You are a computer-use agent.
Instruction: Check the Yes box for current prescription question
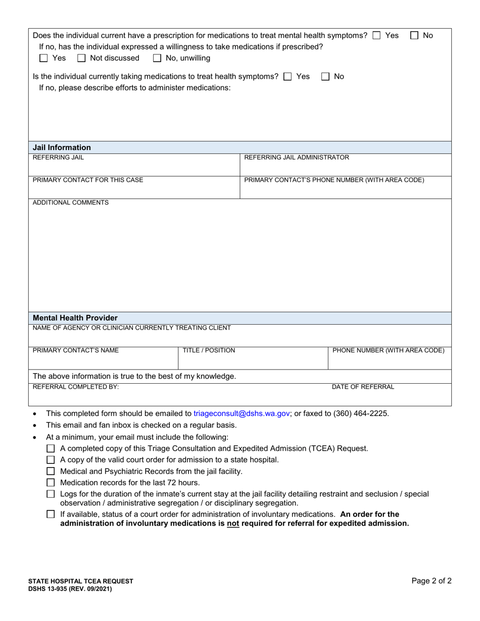pyautogui.click(x=376, y=36)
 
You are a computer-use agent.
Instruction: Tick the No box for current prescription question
pyautogui.click(x=414, y=36)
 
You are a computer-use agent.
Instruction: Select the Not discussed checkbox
pyautogui.click(x=81, y=58)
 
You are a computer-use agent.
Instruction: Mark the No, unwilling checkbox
pyautogui.click(x=157, y=58)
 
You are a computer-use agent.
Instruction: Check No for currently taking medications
pyautogui.click(x=325, y=77)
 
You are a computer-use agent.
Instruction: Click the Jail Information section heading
pyautogui.click(x=62, y=147)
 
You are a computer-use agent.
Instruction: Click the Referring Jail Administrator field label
pyautogui.click(x=297, y=158)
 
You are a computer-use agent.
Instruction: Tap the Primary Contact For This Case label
pyautogui.click(x=88, y=180)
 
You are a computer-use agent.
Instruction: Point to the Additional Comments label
pyautogui.click(x=71, y=203)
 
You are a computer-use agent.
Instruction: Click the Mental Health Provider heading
pyautogui.click(x=75, y=318)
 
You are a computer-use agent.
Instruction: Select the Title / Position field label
pyautogui.click(x=209, y=350)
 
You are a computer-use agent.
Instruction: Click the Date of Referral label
pyautogui.click(x=363, y=387)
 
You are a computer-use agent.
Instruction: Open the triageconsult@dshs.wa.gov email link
pyautogui.click(x=242, y=413)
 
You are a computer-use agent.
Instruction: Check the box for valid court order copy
pyautogui.click(x=51, y=460)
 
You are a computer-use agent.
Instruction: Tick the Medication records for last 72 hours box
pyautogui.click(x=51, y=483)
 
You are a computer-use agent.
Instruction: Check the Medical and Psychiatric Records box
pyautogui.click(x=51, y=472)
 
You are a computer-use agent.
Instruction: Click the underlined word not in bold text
pyautogui.click(x=232, y=524)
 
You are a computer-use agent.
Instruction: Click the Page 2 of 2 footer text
pyautogui.click(x=431, y=581)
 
